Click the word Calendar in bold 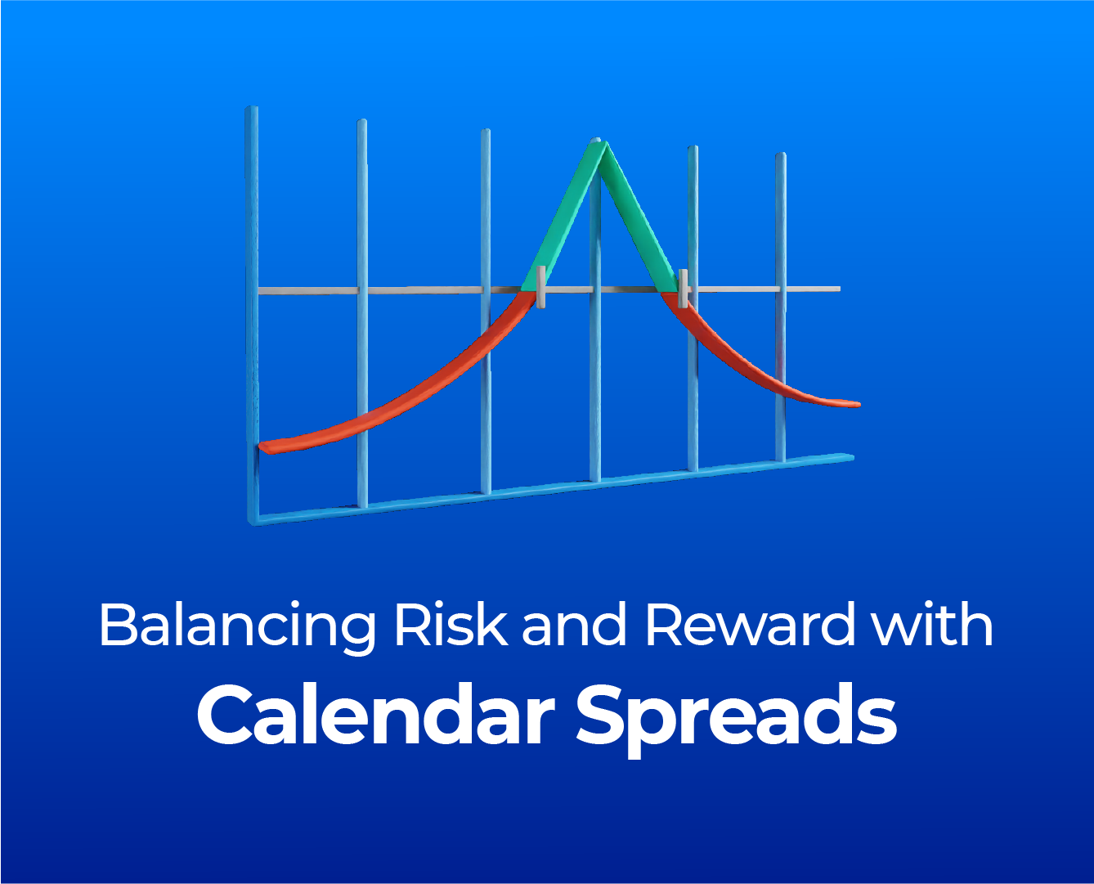point(375,714)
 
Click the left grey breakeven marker point(540,287)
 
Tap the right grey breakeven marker point(683,288)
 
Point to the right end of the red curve point(859,404)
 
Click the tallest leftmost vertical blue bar point(252,314)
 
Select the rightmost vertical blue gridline point(781,307)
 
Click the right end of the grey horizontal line point(839,289)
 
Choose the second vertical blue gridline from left point(362,313)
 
